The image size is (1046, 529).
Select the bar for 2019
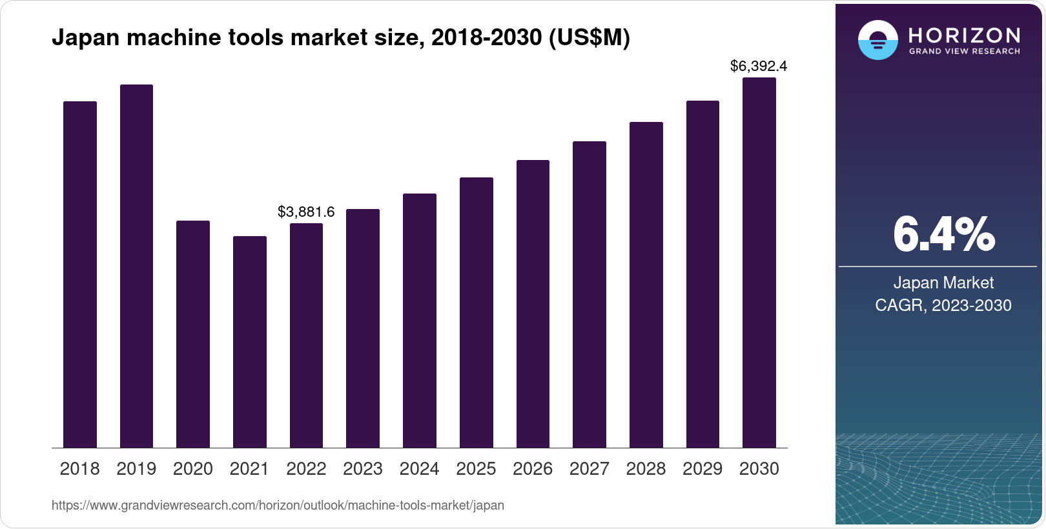136,266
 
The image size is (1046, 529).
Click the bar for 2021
249,342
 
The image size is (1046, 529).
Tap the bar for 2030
759,263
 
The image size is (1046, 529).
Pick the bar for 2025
476,312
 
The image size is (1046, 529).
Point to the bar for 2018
79,274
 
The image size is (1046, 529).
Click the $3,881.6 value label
306,212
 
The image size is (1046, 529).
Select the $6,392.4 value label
759,66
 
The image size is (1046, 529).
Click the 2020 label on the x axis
192,469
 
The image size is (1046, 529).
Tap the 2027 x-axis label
589,469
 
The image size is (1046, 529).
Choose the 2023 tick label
362,469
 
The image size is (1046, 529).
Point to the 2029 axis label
702,469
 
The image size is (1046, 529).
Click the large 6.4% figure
943,234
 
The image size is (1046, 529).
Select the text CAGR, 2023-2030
943,305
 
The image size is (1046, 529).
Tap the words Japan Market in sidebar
943,283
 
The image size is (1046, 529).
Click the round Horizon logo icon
877,40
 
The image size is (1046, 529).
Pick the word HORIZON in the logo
964,35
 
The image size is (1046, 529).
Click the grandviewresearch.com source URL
278,505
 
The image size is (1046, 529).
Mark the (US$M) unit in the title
588,37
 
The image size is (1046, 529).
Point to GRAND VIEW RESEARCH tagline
964,51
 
